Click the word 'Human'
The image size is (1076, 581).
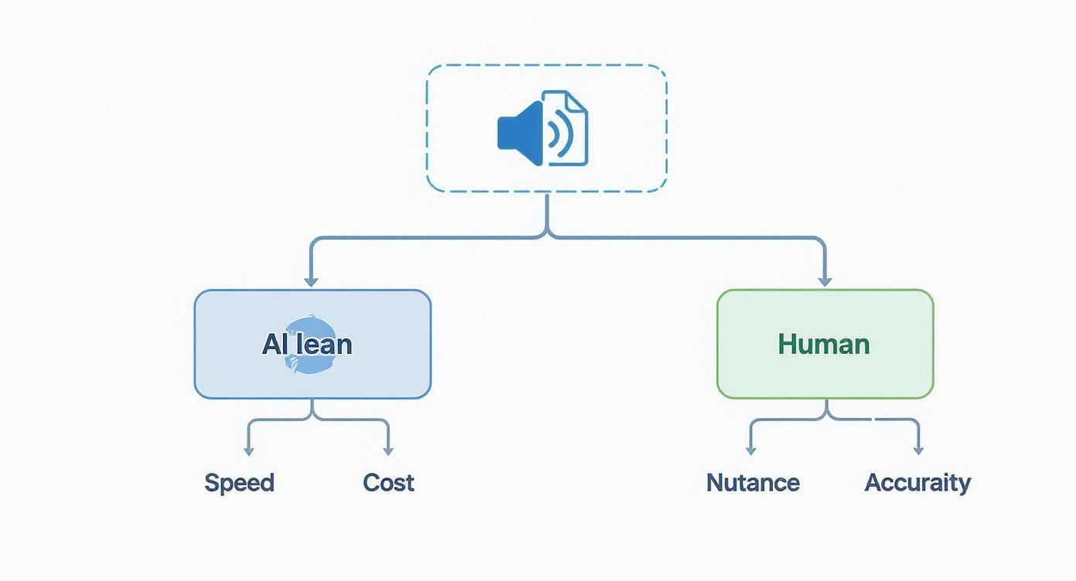click(x=824, y=344)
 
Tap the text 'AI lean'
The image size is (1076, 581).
click(x=307, y=344)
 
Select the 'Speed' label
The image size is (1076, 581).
click(x=239, y=483)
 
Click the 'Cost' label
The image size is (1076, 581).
click(x=389, y=483)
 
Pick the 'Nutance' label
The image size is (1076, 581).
click(x=753, y=483)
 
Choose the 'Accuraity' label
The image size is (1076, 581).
click(x=918, y=483)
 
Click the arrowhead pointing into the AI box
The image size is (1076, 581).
click(x=311, y=281)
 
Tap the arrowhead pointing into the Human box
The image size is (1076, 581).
click(x=825, y=281)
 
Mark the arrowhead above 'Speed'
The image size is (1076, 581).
click(x=247, y=450)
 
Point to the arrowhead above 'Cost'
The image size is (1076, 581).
click(x=388, y=450)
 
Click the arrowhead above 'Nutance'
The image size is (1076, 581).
click(x=750, y=450)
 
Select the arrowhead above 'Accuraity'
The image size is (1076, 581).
click(x=918, y=450)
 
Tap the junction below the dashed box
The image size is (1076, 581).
click(x=547, y=232)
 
